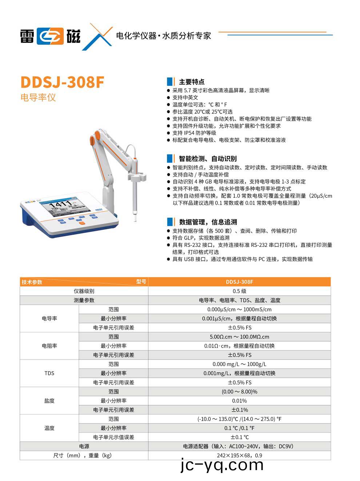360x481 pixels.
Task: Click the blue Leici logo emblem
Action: [50, 36]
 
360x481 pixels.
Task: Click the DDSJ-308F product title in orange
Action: [62, 82]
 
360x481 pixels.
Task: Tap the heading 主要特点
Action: [191, 82]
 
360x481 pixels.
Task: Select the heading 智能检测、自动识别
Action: [207, 159]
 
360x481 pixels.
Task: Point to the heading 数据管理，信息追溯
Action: [208, 222]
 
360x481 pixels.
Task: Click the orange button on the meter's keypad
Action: [82, 223]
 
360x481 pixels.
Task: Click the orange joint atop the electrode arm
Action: [96, 137]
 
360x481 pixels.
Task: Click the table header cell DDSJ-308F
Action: [239, 282]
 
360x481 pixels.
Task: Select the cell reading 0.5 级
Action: [239, 291]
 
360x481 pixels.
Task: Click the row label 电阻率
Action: [49, 346]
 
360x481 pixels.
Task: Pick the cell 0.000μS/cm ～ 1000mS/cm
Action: [239, 309]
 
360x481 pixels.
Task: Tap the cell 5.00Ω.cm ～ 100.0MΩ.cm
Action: [239, 337]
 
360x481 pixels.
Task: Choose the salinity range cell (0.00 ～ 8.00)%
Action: [239, 392]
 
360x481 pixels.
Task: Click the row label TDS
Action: [49, 373]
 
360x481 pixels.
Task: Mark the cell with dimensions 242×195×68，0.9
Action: [239, 455]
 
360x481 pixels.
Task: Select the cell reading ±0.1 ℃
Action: [239, 437]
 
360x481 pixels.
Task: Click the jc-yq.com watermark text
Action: [222, 465]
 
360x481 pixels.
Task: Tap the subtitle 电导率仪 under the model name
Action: [38, 97]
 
